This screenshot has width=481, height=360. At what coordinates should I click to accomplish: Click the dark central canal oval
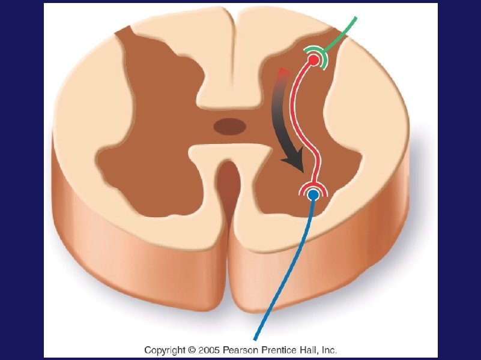pos(229,126)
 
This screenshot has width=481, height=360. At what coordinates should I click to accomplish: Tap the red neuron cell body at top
pos(313,60)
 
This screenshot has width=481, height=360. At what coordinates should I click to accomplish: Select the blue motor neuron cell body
pos(312,195)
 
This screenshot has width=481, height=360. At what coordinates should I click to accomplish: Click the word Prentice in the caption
pos(279,349)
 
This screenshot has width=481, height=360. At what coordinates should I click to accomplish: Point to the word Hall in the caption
pos(309,349)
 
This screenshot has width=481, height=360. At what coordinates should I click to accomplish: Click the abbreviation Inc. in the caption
pos(328,349)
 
